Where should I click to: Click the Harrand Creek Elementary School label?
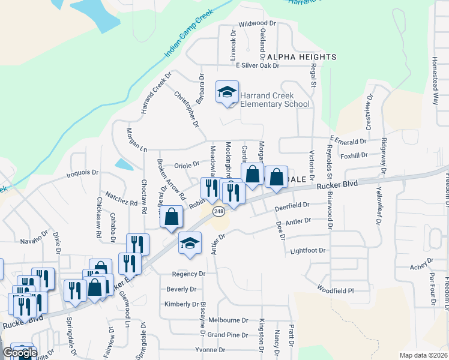(x=275, y=100)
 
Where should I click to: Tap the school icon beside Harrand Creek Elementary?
(x=228, y=92)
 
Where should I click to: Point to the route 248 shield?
(x=218, y=211)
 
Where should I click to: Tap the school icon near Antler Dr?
(x=190, y=243)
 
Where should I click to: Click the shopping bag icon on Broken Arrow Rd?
(x=172, y=217)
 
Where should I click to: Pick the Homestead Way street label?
(x=435, y=81)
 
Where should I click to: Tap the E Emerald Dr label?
(x=348, y=142)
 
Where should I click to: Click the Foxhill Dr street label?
(x=370, y=155)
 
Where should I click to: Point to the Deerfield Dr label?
(x=292, y=205)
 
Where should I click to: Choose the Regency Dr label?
(x=188, y=274)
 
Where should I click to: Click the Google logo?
(x=19, y=353)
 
